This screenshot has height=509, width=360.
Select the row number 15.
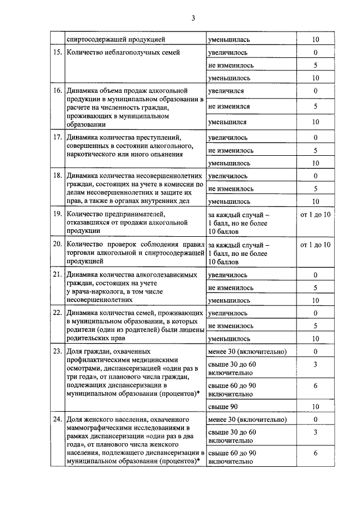point(57,53)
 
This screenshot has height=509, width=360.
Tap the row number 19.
point(57,215)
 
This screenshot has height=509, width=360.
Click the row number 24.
point(57,420)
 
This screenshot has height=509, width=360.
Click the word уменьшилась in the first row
point(233,40)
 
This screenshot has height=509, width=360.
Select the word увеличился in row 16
point(226,91)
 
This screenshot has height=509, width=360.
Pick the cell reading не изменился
point(229,106)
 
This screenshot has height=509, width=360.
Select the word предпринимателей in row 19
point(134,215)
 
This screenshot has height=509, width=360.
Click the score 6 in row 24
point(316,453)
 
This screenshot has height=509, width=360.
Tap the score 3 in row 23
point(316,365)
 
